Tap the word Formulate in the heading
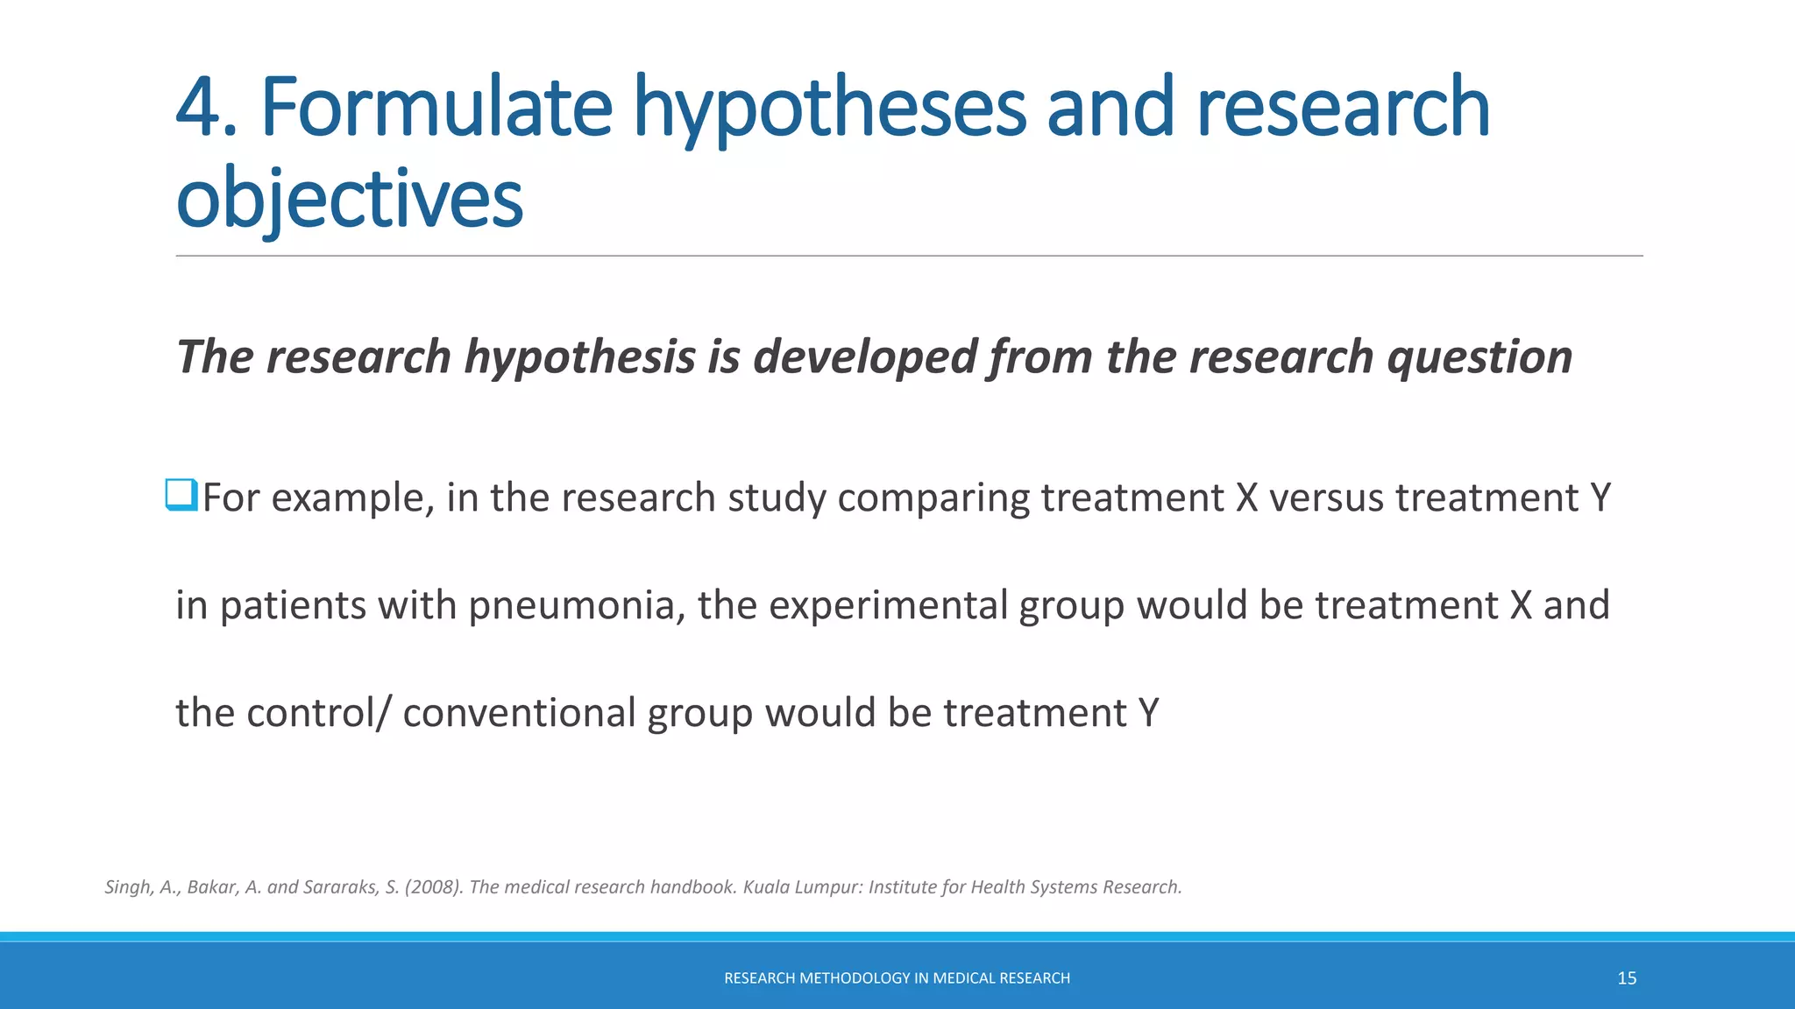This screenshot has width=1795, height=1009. pyautogui.click(x=436, y=109)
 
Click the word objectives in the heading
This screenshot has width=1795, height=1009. pyautogui.click(x=349, y=200)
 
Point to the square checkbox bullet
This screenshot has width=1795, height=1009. pyautogui.click(x=181, y=495)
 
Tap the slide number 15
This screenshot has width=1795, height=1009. pyautogui.click(x=1627, y=978)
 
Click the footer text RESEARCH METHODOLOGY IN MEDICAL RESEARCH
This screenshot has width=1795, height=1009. pyautogui.click(x=897, y=978)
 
